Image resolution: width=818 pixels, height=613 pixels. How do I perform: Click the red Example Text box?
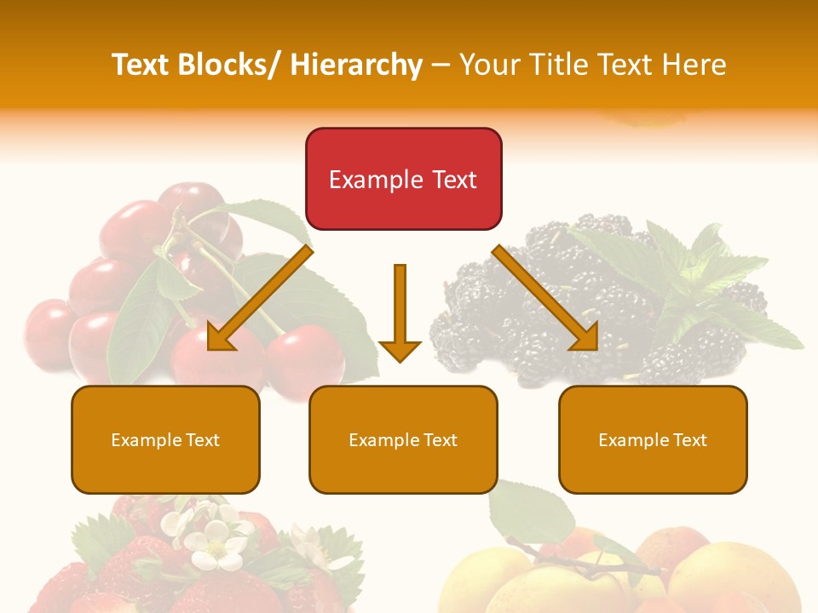403,179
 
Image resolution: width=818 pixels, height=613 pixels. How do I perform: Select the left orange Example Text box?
165,439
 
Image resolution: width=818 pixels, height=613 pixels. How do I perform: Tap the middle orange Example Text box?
403,439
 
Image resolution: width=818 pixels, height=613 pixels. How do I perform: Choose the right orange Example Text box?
653,439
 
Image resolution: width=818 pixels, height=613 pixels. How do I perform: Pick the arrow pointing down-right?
545,298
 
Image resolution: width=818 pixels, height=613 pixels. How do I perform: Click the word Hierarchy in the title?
356,65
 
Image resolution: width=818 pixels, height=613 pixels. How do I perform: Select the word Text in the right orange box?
689,439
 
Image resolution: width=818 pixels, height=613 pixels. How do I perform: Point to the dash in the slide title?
441,65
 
